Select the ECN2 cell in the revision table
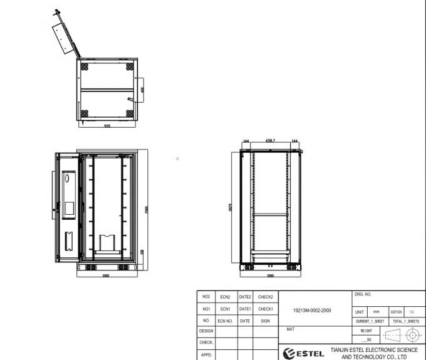[226, 297]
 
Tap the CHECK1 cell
[265, 309]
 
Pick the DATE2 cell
[245, 297]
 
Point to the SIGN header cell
[265, 320]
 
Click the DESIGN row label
[206, 331]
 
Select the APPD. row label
[206, 354]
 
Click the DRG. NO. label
[364, 293]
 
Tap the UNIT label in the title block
[360, 311]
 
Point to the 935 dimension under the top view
[107, 125]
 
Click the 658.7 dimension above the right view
[271, 141]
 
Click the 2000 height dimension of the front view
[147, 208]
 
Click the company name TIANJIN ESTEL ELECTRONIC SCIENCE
[373, 350]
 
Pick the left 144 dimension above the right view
[246, 141]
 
